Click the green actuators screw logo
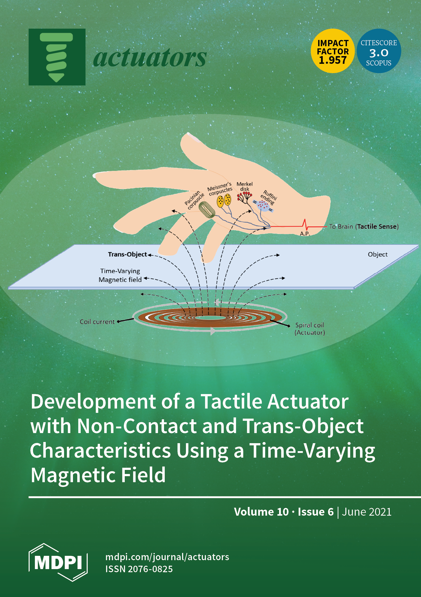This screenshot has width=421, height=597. [57, 57]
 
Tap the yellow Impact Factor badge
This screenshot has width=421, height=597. [333, 51]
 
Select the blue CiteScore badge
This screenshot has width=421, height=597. [379, 51]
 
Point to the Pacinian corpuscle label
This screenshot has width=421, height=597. [194, 200]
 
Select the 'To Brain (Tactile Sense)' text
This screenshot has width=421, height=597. [364, 227]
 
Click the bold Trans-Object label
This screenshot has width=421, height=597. [127, 254]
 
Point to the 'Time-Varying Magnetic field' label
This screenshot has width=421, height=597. [120, 275]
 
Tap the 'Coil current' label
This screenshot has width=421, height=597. [97, 322]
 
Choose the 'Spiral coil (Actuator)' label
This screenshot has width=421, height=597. [310, 329]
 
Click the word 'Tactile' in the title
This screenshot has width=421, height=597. [232, 402]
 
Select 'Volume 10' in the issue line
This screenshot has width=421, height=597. [261, 512]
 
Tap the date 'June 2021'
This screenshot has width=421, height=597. [366, 512]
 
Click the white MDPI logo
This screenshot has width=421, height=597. [58, 562]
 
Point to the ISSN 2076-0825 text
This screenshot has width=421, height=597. [139, 569]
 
